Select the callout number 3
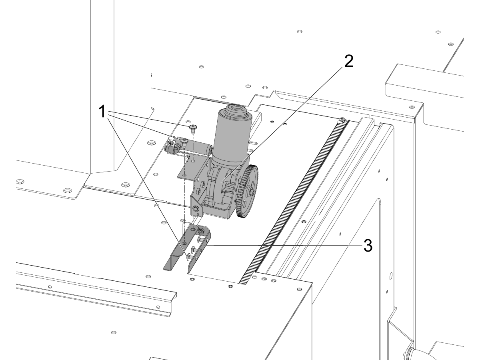(x=367, y=246)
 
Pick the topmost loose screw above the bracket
(x=193, y=128)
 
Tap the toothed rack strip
(x=296, y=200)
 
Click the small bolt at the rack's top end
(x=342, y=119)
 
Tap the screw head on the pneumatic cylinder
(x=184, y=141)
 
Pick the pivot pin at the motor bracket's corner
(x=196, y=209)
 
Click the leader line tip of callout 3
(x=206, y=245)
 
